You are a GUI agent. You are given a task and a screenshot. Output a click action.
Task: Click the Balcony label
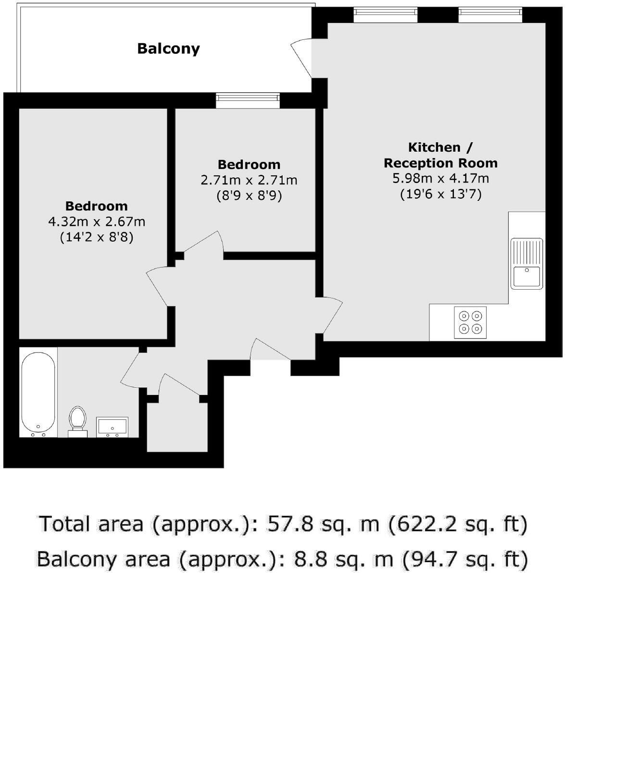click(168, 49)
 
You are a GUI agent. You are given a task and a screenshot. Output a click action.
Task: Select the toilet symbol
click(77, 420)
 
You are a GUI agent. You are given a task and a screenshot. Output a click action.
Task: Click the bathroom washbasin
click(112, 427)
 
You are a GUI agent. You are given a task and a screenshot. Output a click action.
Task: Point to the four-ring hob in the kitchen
click(470, 322)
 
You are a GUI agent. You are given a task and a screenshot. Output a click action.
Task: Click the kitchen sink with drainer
click(527, 264)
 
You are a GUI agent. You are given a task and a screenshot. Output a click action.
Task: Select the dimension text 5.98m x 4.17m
click(440, 179)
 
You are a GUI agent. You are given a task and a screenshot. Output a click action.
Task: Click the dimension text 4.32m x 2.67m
click(97, 222)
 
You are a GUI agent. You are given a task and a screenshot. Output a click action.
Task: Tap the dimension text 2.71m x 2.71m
click(249, 181)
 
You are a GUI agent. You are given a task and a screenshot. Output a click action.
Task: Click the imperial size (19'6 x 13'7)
click(440, 194)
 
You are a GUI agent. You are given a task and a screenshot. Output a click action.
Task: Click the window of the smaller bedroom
click(248, 100)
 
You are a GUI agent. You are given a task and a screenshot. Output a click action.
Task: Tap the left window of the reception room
click(386, 15)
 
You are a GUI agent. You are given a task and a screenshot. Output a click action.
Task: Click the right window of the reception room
click(490, 15)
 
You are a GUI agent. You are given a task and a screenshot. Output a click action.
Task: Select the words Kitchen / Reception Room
click(440, 155)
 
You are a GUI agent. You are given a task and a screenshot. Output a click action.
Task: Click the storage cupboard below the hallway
click(177, 427)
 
